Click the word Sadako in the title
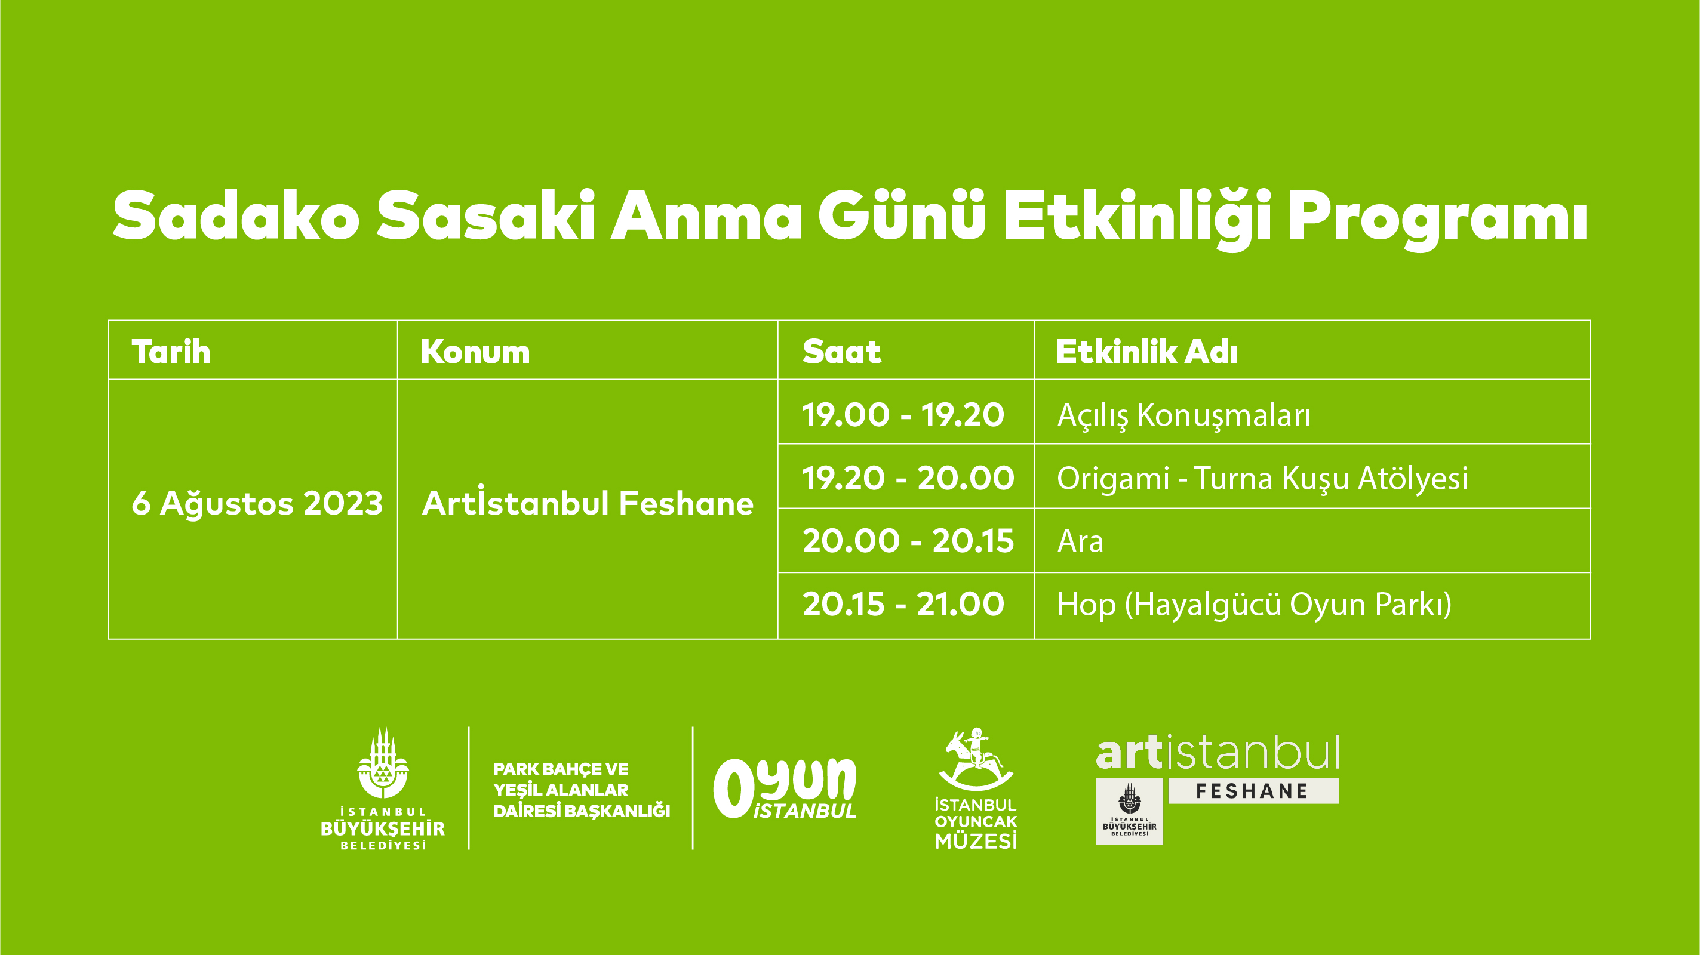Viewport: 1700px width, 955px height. [x=236, y=215]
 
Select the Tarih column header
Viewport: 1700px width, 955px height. [x=171, y=351]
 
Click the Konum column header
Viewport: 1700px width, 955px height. [x=475, y=352]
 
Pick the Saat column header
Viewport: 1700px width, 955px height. [x=841, y=352]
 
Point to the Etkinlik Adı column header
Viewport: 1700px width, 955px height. [x=1147, y=351]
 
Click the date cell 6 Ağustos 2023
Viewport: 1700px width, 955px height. [x=257, y=503]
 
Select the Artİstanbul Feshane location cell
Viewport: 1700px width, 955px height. [x=588, y=503]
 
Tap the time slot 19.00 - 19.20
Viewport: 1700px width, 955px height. [x=903, y=415]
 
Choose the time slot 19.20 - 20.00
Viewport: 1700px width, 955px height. [x=908, y=478]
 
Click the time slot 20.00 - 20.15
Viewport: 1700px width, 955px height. [x=908, y=541]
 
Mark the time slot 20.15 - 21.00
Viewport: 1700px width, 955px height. [x=903, y=604]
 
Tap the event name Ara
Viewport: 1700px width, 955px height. [x=1080, y=541]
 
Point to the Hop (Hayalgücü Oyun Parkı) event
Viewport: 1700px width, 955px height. [x=1255, y=605]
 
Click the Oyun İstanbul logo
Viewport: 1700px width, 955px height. [x=785, y=788]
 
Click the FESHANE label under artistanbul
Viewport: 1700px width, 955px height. [x=1253, y=791]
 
